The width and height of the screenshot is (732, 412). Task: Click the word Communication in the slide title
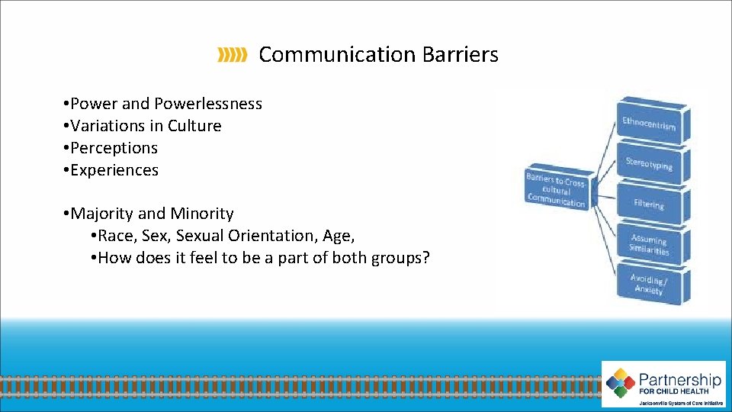[x=335, y=55]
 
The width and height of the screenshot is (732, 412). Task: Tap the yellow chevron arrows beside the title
[x=232, y=55]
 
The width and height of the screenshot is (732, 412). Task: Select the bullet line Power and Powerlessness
[x=164, y=104]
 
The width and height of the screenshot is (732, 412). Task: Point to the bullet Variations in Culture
[x=143, y=126]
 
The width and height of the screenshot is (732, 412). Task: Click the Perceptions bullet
[x=111, y=148]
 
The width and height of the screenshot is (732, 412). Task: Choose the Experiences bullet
[x=112, y=170]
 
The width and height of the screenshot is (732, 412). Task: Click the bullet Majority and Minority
[x=149, y=214]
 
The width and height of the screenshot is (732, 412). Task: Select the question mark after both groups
[x=425, y=258]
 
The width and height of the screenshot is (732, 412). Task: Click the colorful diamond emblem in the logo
[x=621, y=381]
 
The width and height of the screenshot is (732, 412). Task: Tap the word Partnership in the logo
[x=679, y=378]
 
